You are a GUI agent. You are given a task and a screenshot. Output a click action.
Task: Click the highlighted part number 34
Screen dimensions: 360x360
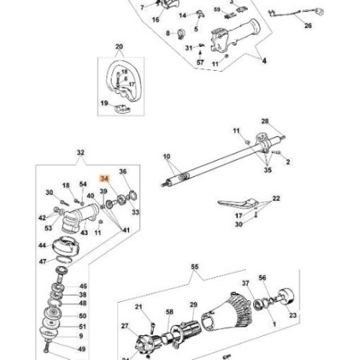point(102,181)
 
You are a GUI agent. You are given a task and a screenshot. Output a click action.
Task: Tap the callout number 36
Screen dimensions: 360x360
point(123,172)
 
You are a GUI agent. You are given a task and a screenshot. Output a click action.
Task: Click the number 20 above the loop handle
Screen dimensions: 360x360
point(119,47)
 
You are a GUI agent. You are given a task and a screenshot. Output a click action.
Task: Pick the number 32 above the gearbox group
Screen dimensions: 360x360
point(80,151)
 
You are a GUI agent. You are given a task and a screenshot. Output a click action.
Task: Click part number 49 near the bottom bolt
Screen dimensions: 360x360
point(84,348)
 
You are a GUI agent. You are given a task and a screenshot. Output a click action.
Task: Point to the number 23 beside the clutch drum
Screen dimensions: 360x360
point(294,315)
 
